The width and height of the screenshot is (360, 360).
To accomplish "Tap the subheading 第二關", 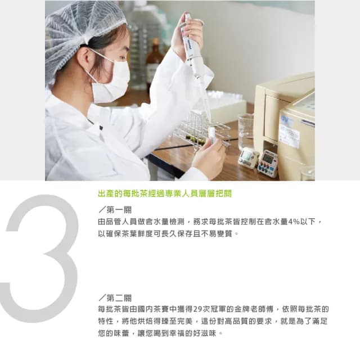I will pos(115,298).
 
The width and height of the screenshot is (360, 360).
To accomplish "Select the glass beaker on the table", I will pos(245,130).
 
